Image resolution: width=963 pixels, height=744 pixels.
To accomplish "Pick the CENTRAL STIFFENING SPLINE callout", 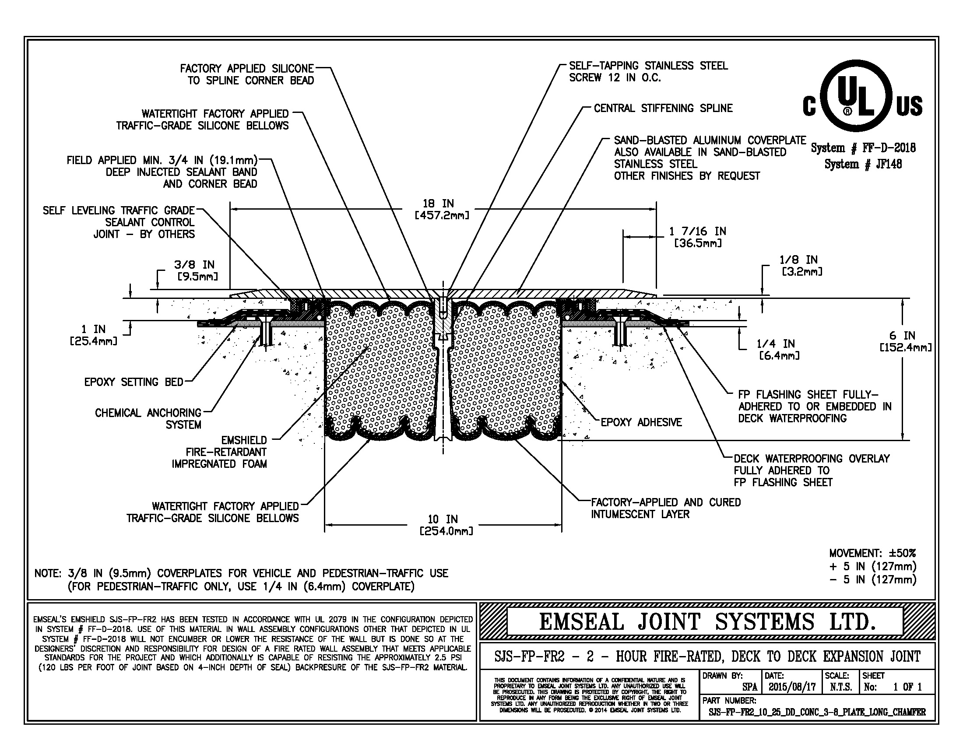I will (x=663, y=109).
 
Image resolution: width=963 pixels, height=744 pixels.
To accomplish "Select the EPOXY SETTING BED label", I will (x=134, y=382).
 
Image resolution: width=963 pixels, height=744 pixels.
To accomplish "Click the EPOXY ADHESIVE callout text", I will (x=641, y=422).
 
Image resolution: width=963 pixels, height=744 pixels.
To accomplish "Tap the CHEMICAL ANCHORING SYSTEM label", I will (x=148, y=419).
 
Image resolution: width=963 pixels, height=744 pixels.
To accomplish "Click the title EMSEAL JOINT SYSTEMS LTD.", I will (x=707, y=622).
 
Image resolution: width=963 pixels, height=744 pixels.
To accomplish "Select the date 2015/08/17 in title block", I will (x=792, y=687).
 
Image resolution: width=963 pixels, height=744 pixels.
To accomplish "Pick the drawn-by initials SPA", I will (x=749, y=687).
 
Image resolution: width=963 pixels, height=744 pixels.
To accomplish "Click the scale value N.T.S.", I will (x=840, y=687).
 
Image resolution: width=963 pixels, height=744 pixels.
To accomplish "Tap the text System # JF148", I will (x=863, y=165).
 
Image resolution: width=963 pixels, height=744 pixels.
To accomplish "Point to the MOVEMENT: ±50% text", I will (x=872, y=553).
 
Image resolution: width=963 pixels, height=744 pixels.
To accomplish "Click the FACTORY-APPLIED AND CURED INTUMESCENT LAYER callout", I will (x=665, y=508).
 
